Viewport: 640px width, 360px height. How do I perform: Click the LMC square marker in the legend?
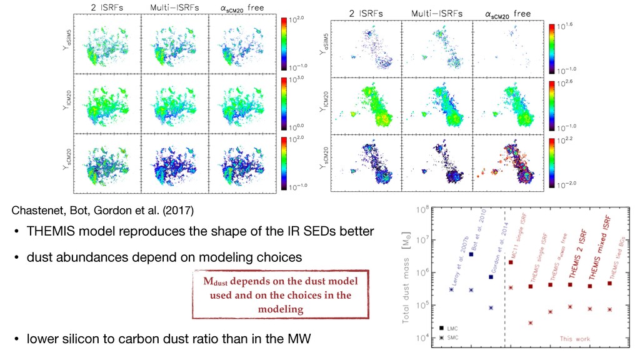[x=441, y=328]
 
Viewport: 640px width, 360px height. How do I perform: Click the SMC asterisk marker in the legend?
[x=441, y=337]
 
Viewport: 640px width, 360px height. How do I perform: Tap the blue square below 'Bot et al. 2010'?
[x=471, y=254]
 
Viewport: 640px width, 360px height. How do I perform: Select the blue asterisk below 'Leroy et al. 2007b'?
[x=451, y=289]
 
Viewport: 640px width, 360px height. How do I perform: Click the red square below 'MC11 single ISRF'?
[x=511, y=262]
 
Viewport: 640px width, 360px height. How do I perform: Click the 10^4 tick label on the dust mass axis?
[x=423, y=338]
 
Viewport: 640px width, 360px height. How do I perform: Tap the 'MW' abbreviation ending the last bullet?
[x=300, y=339]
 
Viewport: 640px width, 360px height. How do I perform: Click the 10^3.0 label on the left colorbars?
[x=296, y=81]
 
